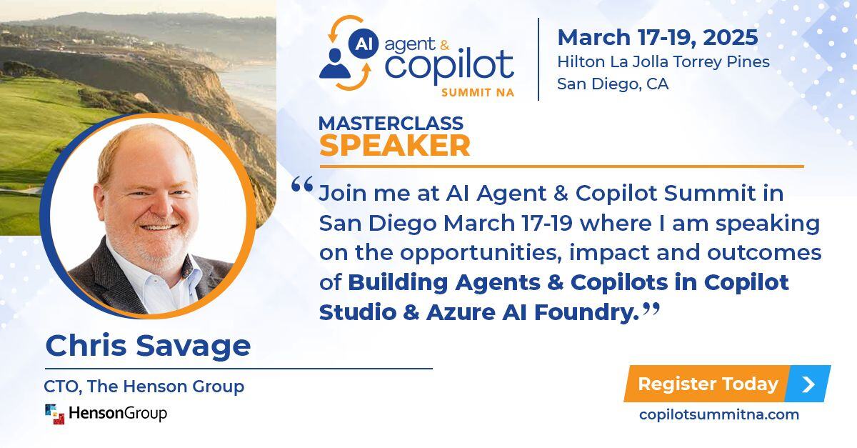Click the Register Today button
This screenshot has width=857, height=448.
click(x=707, y=384)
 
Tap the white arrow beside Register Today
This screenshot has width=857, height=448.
click(x=808, y=384)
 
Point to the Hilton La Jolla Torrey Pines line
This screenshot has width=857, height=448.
click(x=663, y=61)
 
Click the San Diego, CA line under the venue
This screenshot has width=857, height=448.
click(x=612, y=84)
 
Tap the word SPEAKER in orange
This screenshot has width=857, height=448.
click(x=394, y=146)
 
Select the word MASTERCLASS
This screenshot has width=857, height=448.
click(x=391, y=123)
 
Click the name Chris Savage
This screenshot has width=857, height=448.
click(x=148, y=347)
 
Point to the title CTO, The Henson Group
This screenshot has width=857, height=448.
click(x=144, y=387)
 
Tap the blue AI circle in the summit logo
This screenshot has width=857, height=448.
click(x=364, y=44)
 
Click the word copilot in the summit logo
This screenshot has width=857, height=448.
click(x=448, y=66)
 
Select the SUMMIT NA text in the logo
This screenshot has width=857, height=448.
click(x=478, y=92)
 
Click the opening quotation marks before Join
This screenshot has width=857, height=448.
click(x=302, y=185)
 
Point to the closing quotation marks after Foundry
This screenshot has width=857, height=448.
click(x=650, y=308)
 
